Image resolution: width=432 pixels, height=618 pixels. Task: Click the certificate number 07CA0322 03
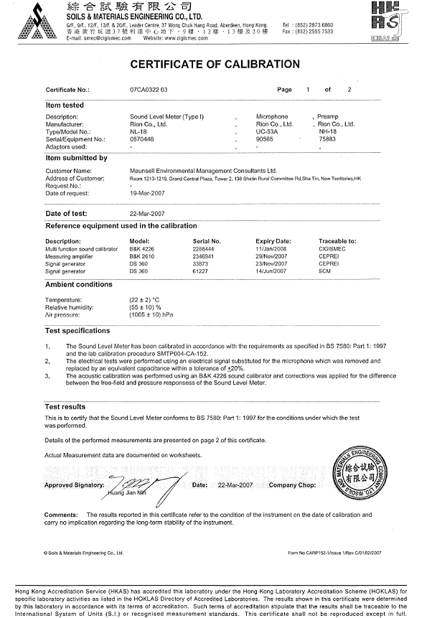click(144, 90)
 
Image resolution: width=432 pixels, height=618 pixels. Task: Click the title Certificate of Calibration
click(215, 63)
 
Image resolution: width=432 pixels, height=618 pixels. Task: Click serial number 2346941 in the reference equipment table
click(206, 254)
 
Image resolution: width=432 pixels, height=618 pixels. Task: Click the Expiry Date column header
click(273, 240)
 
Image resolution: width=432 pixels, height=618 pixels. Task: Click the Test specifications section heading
click(78, 331)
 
